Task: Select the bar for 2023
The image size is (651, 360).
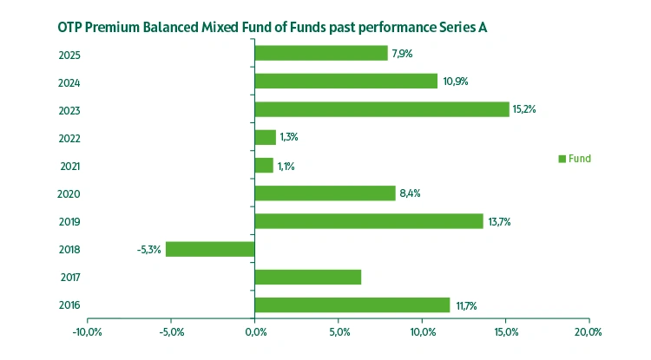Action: click(x=382, y=109)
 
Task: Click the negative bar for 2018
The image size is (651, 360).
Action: click(x=210, y=249)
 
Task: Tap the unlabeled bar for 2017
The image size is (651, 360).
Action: click(x=308, y=278)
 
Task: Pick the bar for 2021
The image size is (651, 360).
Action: click(x=264, y=165)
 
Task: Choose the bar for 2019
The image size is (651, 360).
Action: click(x=369, y=221)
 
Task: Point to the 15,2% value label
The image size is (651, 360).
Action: click(x=524, y=109)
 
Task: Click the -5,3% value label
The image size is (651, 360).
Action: click(x=148, y=250)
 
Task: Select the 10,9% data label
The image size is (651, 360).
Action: click(x=454, y=81)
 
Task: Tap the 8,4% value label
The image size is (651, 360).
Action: click(x=410, y=193)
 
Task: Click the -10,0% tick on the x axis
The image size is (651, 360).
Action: click(x=88, y=332)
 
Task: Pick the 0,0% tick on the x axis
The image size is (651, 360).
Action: click(x=255, y=332)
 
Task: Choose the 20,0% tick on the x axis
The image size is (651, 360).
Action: click(x=589, y=332)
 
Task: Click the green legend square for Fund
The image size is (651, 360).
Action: click(x=562, y=159)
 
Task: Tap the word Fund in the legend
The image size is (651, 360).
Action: click(x=580, y=159)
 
